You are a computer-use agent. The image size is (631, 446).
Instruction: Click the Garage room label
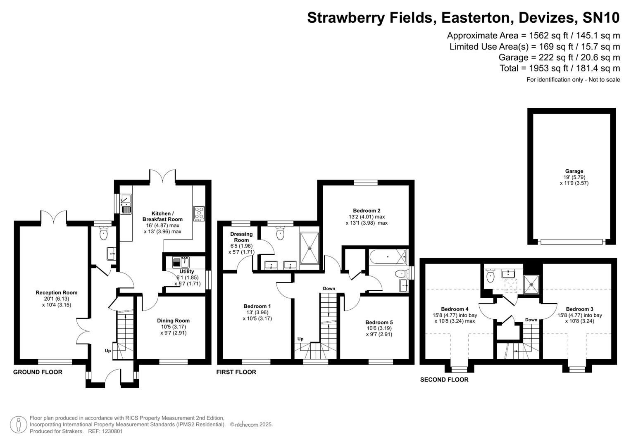coord(574,171)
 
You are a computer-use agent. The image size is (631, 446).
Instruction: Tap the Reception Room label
coord(57,292)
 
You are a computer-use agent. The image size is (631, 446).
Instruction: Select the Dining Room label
coord(173,320)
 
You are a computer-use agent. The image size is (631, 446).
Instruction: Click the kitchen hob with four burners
coord(199,214)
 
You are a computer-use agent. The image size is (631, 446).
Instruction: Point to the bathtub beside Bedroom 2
coord(387,257)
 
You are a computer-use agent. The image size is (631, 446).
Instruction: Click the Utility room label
coord(187,271)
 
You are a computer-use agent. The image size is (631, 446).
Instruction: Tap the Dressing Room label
coord(241,237)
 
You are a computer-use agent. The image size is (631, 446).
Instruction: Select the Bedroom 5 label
coord(379,323)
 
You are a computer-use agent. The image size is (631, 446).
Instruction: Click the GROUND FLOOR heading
coord(38,372)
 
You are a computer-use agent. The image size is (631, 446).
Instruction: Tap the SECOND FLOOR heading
coord(444,380)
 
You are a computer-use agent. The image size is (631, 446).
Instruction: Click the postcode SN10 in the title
coord(601,18)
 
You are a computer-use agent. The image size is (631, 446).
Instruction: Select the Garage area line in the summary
coord(559,57)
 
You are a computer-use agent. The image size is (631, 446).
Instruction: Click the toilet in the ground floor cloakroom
coord(103,234)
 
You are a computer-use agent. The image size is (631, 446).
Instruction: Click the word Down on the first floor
coord(329,288)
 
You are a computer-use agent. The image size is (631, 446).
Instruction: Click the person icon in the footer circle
coord(18,424)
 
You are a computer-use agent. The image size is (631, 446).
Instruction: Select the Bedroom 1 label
coord(257,306)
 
